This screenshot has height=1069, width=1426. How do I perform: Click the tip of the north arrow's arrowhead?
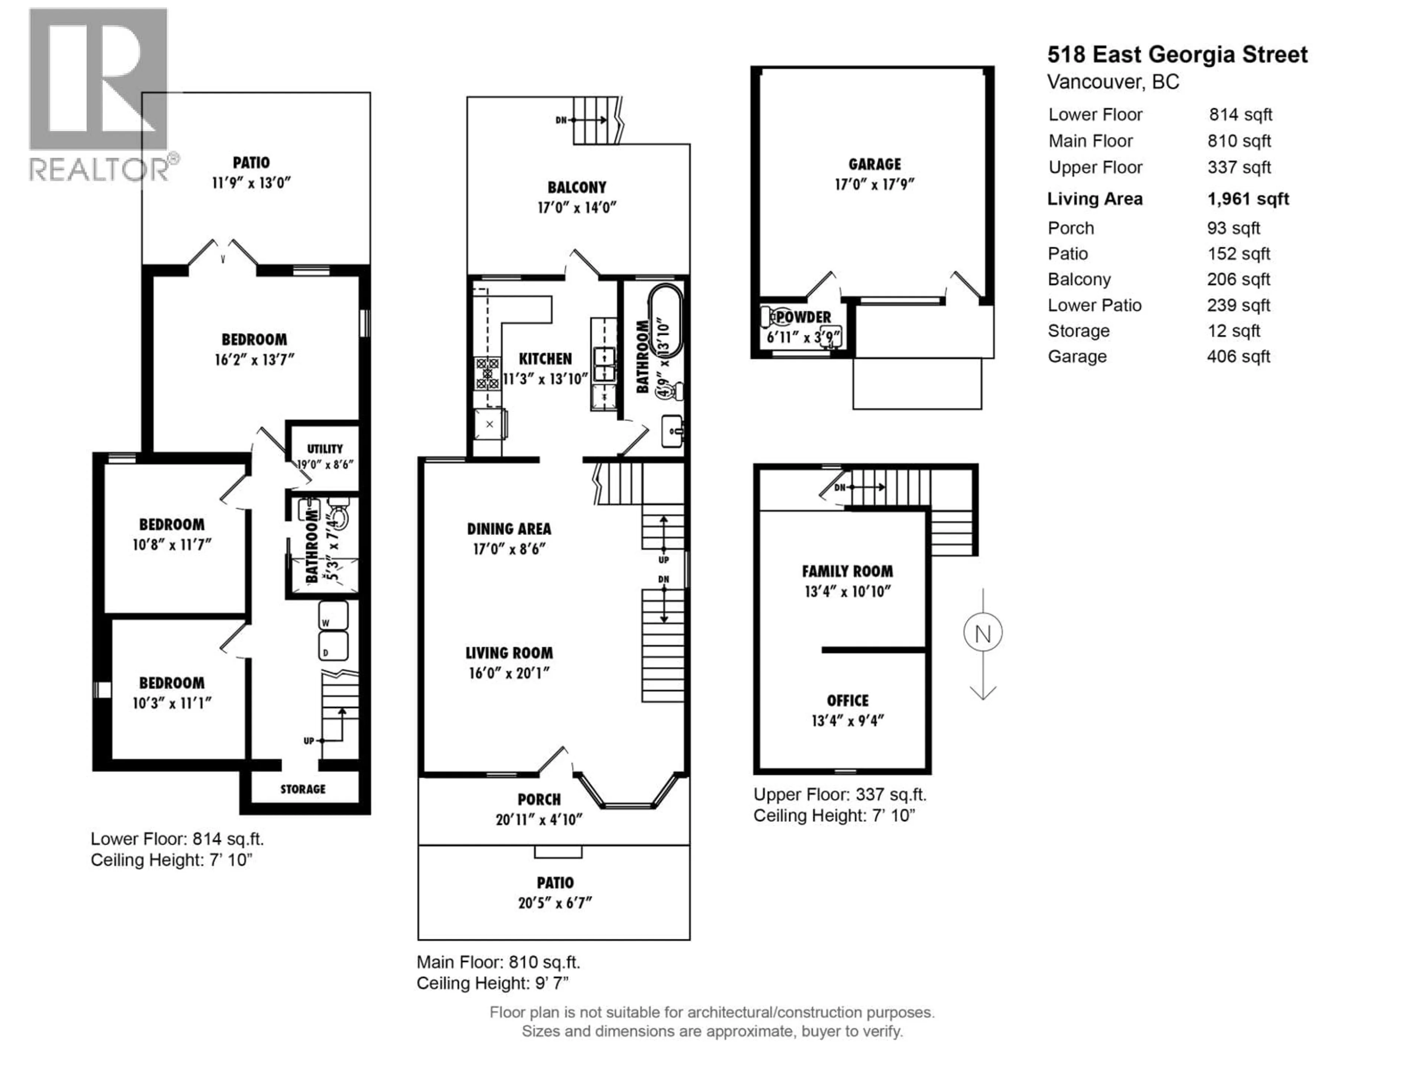(x=983, y=699)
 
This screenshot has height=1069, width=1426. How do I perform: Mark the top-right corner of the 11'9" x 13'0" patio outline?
(x=370, y=93)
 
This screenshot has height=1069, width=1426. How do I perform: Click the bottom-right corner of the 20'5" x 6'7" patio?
(x=690, y=939)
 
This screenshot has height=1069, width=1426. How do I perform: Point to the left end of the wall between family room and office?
(x=822, y=650)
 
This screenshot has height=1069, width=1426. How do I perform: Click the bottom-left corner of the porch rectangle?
(x=419, y=845)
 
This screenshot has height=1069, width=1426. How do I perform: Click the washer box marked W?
(x=333, y=616)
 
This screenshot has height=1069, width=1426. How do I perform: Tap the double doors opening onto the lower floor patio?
(x=223, y=253)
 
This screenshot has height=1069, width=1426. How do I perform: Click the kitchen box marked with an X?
(x=489, y=424)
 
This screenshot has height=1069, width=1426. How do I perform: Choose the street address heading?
(x=1177, y=55)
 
